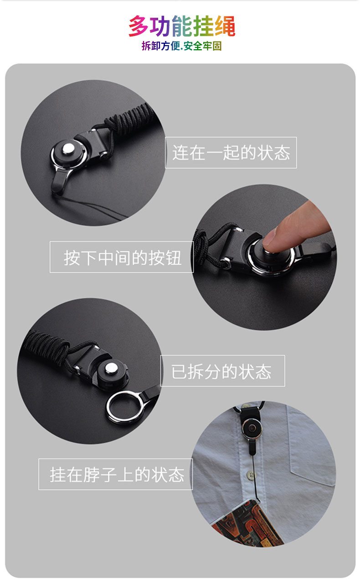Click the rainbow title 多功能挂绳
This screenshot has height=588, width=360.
[182, 26]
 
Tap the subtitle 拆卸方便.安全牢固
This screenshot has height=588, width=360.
[182, 46]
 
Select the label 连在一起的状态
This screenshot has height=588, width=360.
[231, 153]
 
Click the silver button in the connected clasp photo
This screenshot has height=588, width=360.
[68, 149]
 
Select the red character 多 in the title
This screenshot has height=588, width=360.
[139, 26]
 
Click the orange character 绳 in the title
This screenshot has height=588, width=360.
[225, 26]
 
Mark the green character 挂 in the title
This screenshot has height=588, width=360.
[204, 26]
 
